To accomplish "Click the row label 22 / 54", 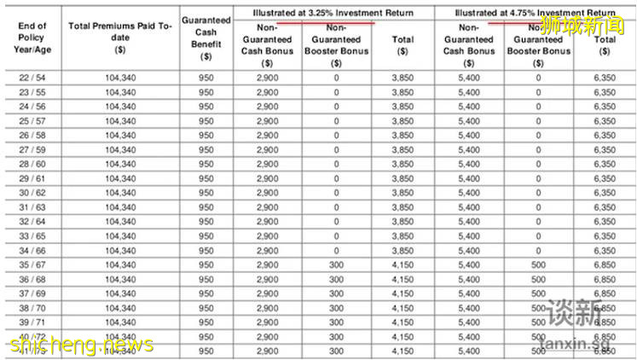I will [x=32, y=78].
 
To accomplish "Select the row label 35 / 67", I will [x=32, y=265].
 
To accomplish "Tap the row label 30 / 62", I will [x=32, y=193].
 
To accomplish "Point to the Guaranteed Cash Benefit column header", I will [x=205, y=38].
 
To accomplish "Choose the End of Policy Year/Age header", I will [x=32, y=38].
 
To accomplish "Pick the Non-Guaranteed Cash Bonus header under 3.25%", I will [x=267, y=44].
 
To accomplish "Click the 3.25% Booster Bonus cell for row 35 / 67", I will [x=336, y=265].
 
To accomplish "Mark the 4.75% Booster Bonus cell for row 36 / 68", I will [x=537, y=279].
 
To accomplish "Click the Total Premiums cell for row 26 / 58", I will [x=120, y=135].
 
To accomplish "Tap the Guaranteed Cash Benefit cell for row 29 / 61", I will [x=206, y=178].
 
